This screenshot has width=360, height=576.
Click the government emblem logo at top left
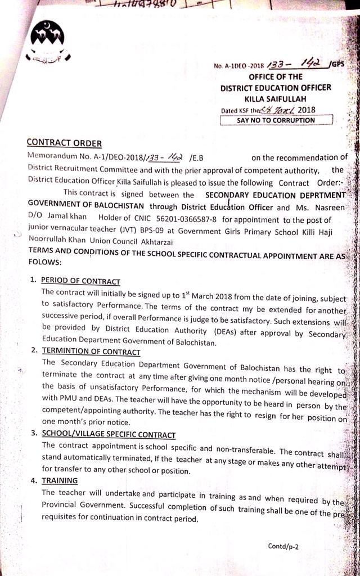(48, 41)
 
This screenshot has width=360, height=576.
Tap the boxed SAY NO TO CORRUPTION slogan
(276, 120)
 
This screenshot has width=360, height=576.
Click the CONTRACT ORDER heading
(64, 144)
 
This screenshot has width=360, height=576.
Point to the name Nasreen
(333, 208)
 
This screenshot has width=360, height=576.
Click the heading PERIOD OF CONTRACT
(80, 281)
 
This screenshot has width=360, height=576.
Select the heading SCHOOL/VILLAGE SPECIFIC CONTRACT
(109, 435)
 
